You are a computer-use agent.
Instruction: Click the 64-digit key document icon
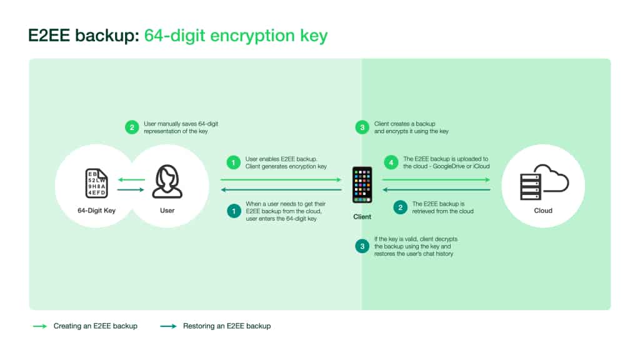(x=97, y=183)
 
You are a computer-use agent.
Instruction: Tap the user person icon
(x=167, y=182)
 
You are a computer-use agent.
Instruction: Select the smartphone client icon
(x=362, y=185)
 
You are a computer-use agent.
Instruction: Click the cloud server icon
(x=544, y=182)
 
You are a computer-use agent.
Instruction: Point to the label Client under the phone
(x=362, y=217)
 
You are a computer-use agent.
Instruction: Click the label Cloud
(x=543, y=211)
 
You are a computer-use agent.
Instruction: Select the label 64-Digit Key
(x=97, y=211)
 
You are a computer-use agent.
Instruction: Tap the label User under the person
(x=167, y=211)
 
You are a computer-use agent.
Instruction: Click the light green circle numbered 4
(x=391, y=162)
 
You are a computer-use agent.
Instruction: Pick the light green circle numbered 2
(x=132, y=127)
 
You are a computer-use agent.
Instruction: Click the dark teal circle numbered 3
(x=362, y=246)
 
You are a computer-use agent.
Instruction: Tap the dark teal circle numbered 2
(x=401, y=207)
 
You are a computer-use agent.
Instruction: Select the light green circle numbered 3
(x=362, y=127)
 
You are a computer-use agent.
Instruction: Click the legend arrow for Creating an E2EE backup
(x=40, y=326)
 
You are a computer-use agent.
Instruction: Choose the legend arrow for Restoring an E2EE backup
(x=168, y=326)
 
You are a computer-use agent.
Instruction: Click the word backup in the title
(x=107, y=36)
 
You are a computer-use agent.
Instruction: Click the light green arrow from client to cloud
(x=436, y=179)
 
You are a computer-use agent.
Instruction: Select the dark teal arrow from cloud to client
(x=436, y=190)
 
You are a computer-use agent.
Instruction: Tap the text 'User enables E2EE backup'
(x=281, y=159)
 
